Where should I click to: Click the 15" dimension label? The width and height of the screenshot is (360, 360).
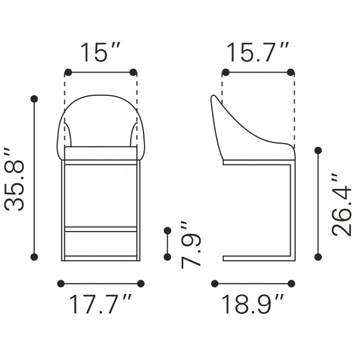click(100, 53)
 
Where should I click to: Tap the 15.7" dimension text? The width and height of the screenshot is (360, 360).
click(258, 53)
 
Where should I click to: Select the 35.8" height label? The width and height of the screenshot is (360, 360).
click(14, 179)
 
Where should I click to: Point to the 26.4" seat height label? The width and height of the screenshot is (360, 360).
click(342, 205)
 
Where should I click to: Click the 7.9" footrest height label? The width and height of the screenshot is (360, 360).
click(191, 245)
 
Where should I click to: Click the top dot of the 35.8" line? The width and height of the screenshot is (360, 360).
click(34, 99)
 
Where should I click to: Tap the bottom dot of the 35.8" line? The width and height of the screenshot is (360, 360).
click(34, 257)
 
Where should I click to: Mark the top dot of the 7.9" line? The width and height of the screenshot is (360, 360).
click(168, 230)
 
